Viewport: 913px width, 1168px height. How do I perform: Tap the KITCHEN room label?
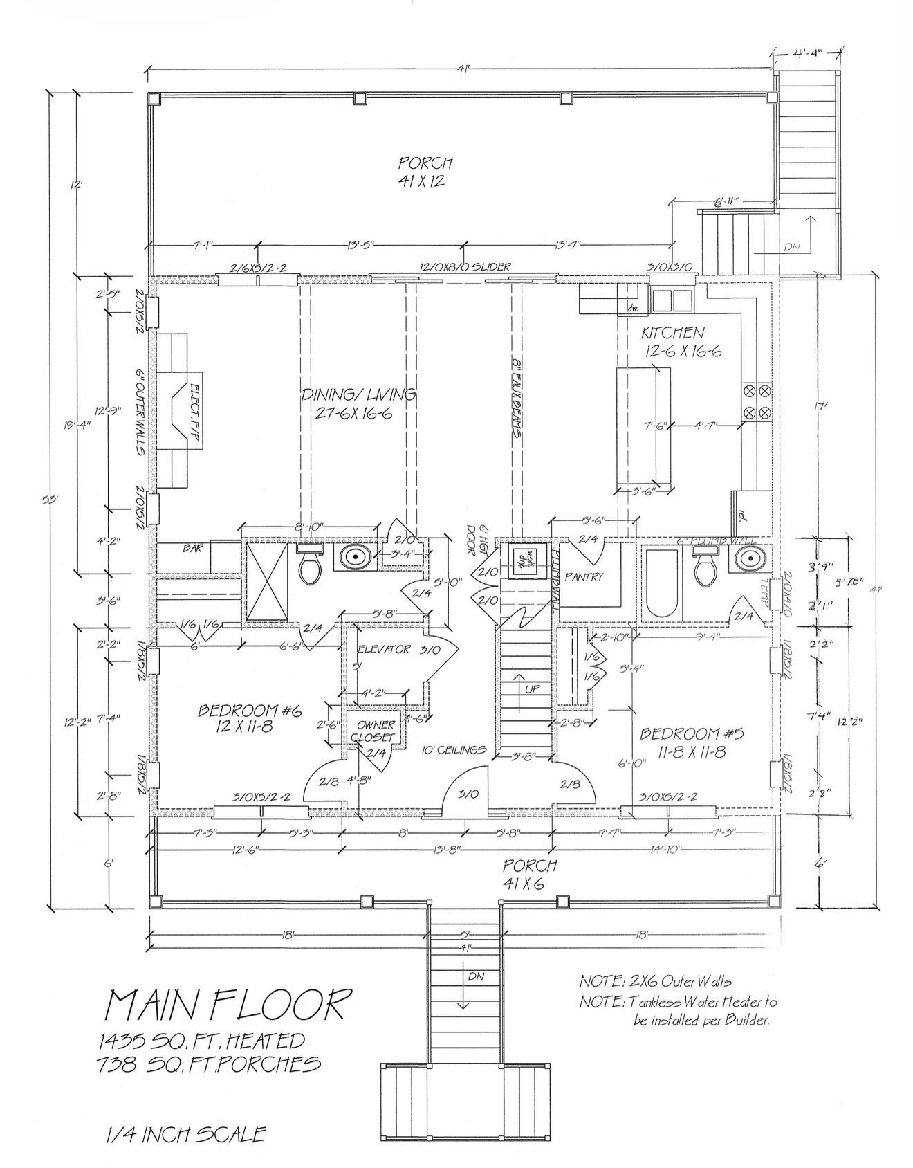click(x=672, y=333)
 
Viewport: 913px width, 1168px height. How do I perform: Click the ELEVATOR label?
click(x=384, y=649)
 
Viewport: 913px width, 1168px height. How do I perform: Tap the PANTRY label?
click(x=584, y=576)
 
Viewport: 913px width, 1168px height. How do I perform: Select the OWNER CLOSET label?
click(x=376, y=731)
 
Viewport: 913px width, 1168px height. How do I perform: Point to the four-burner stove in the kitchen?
click(x=755, y=402)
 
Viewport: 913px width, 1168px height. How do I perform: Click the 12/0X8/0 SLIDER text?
click(x=465, y=267)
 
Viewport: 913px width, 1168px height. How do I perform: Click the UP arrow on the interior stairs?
click(x=518, y=685)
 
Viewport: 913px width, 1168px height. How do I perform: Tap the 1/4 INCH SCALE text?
click(x=185, y=1135)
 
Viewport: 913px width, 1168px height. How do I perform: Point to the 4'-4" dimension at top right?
click(x=806, y=54)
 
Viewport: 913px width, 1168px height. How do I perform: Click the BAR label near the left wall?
click(x=192, y=548)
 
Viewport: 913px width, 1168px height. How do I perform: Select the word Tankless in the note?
click(x=661, y=1002)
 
